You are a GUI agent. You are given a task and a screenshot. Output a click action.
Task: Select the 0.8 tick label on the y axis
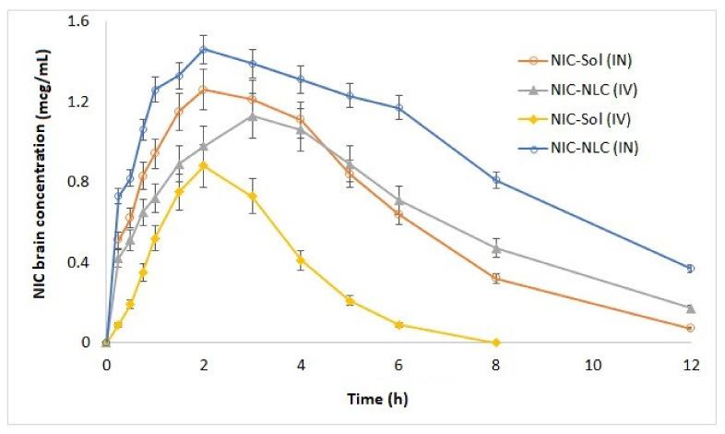84,182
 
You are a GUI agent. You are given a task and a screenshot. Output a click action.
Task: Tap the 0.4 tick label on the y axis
84,262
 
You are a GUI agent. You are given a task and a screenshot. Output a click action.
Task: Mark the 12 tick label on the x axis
690,364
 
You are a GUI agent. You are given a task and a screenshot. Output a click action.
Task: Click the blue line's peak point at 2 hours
204,49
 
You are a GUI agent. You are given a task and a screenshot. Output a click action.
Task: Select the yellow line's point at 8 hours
496,343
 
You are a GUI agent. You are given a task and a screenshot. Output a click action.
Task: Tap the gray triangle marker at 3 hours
253,115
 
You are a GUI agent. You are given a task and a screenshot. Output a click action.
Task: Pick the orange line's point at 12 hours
690,328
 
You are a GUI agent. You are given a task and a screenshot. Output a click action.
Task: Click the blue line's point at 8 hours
496,180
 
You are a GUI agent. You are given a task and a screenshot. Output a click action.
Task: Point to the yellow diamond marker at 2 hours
204,165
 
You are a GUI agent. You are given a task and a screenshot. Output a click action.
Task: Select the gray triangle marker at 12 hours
690,308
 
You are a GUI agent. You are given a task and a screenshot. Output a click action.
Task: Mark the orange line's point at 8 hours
496,278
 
